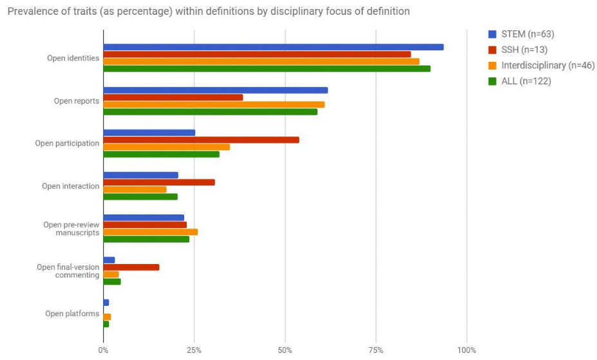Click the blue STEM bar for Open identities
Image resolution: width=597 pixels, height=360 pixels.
[x=273, y=47]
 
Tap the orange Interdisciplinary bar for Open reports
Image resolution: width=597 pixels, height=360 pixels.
[x=214, y=104]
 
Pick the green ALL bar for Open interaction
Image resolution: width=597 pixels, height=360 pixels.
[x=140, y=196]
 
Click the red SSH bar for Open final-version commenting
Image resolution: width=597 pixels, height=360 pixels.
[x=131, y=267]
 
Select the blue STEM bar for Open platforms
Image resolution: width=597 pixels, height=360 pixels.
[x=106, y=303]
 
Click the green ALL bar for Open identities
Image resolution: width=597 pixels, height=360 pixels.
[x=267, y=68]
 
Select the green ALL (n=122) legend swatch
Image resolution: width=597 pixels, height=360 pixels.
[x=493, y=81]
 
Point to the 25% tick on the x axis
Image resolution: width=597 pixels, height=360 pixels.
[x=194, y=350]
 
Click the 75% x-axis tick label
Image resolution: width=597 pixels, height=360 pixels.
[x=376, y=350]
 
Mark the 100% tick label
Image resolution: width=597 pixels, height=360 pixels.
[x=467, y=350]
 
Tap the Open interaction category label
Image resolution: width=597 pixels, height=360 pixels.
[x=71, y=186]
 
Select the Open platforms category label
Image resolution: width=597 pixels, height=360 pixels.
[x=72, y=314]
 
